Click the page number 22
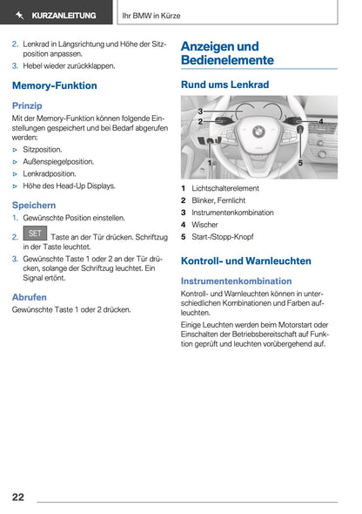coord(18,497)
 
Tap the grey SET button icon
coord(36,234)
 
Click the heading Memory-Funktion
coord(55,85)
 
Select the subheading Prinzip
coord(27,105)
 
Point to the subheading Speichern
coord(34,205)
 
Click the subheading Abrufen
coord(30,297)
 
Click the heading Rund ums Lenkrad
coord(225,85)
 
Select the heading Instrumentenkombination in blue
coord(236,281)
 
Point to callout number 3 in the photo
coord(200,112)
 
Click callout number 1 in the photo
coord(210,162)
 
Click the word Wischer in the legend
coord(204,225)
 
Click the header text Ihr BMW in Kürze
coord(151,16)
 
